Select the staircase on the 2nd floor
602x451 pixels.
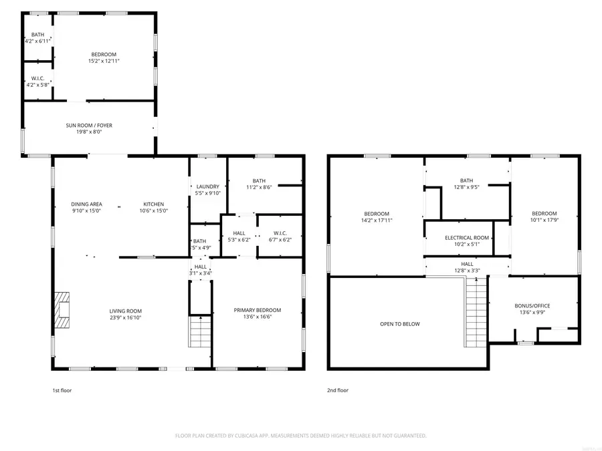coord(475,312)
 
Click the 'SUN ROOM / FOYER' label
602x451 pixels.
coord(89,125)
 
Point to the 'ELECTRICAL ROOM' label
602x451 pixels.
coord(467,238)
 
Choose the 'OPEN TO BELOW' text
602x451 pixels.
coord(400,324)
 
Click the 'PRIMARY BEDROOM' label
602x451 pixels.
coord(258,310)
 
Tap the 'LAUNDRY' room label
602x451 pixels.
coord(207,187)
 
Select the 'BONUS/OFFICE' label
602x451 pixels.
coord(532,305)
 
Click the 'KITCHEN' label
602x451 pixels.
coord(153,204)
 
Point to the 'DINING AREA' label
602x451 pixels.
coord(86,204)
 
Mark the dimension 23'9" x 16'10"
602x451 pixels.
coord(126,318)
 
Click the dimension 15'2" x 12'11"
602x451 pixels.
coord(104,61)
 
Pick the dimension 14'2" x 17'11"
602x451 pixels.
coord(377,220)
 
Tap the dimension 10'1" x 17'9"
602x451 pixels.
coord(544,220)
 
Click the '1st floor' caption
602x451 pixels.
coord(62,390)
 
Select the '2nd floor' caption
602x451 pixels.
coord(338,390)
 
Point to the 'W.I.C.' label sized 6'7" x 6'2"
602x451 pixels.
coord(280,233)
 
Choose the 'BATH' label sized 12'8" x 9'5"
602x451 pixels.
coord(466,180)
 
